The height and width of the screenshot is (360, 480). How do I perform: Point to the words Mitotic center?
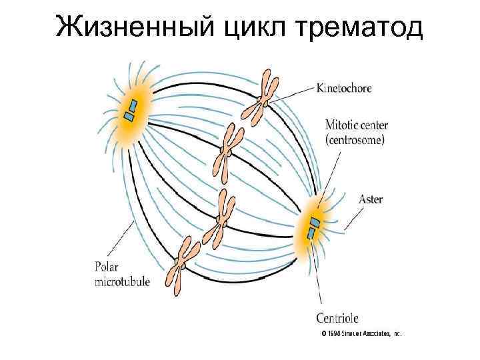357,125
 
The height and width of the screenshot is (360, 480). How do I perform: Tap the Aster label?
370,199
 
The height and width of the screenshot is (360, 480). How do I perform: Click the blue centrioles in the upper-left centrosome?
131,110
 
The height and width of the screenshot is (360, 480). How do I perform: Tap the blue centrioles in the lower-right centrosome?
313,227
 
